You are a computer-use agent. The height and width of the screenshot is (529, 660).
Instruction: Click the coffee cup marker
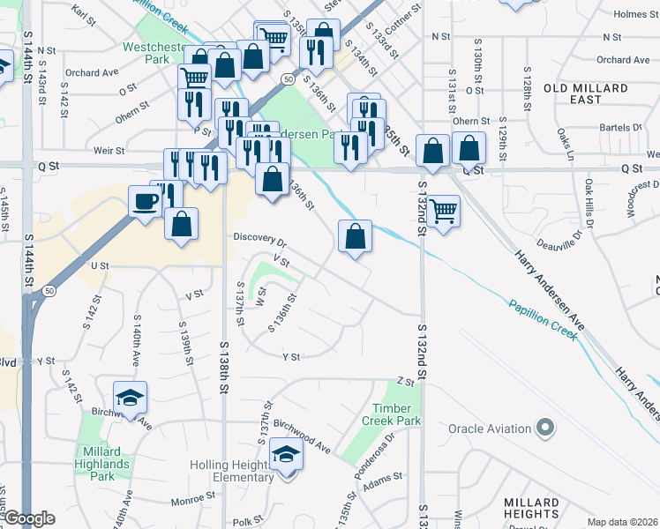point(145,200)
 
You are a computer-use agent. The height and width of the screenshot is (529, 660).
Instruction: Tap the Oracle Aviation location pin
point(546,428)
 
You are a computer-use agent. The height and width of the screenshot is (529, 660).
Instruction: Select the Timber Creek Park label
point(393,414)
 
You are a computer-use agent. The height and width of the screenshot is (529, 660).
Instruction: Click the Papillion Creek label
point(543,318)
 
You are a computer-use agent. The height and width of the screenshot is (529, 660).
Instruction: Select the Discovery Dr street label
point(260,238)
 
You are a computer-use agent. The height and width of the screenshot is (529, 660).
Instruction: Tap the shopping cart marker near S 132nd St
point(444,210)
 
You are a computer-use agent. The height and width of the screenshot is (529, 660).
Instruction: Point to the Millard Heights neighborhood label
point(531,509)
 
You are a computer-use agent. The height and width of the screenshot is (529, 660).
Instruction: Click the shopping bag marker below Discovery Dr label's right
point(354,235)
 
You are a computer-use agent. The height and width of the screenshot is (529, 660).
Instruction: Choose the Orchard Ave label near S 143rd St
point(92,72)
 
